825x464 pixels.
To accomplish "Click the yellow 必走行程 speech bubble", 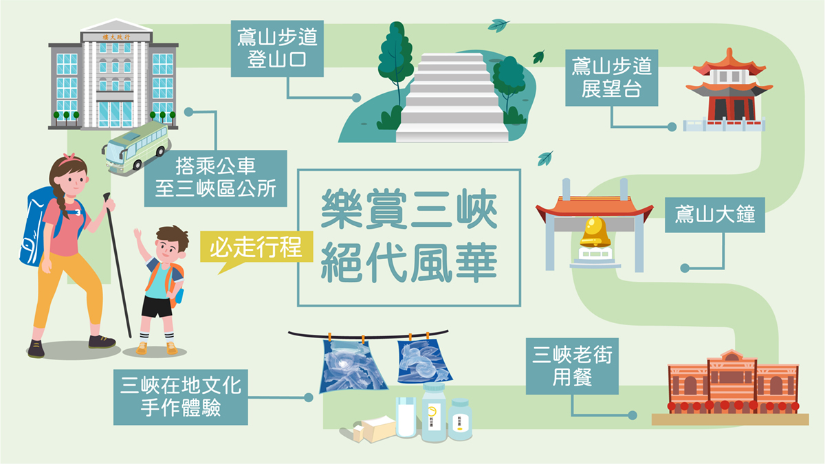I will [255, 247].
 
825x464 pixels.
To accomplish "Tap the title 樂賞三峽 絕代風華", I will [409, 238].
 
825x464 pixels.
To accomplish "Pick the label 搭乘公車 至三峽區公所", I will [215, 178].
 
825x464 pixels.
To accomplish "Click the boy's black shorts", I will [157, 307].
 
